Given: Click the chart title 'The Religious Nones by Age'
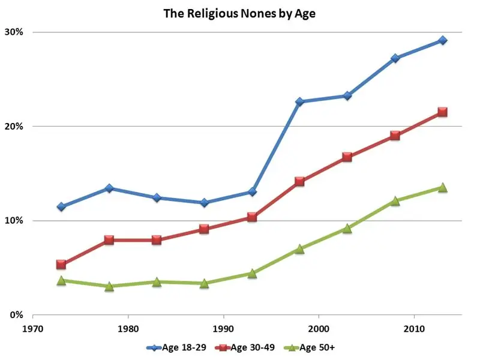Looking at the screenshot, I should tap(240, 14).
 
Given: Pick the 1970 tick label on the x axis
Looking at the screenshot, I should tap(33, 329).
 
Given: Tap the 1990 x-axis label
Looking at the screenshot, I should tap(223, 329).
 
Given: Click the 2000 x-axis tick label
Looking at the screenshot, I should tap(319, 329).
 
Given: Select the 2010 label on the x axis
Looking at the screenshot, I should tap(414, 329).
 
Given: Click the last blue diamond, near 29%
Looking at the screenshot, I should tap(442, 40).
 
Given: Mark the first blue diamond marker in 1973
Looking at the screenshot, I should tap(61, 206).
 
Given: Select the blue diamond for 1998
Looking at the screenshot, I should tap(299, 102).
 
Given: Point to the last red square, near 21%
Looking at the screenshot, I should tap(442, 112).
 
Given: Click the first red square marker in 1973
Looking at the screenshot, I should tap(61, 265).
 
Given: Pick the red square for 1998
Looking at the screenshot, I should tap(299, 181).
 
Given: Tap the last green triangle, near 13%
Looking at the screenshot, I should tap(442, 188).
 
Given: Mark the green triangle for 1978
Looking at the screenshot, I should tap(109, 286).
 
